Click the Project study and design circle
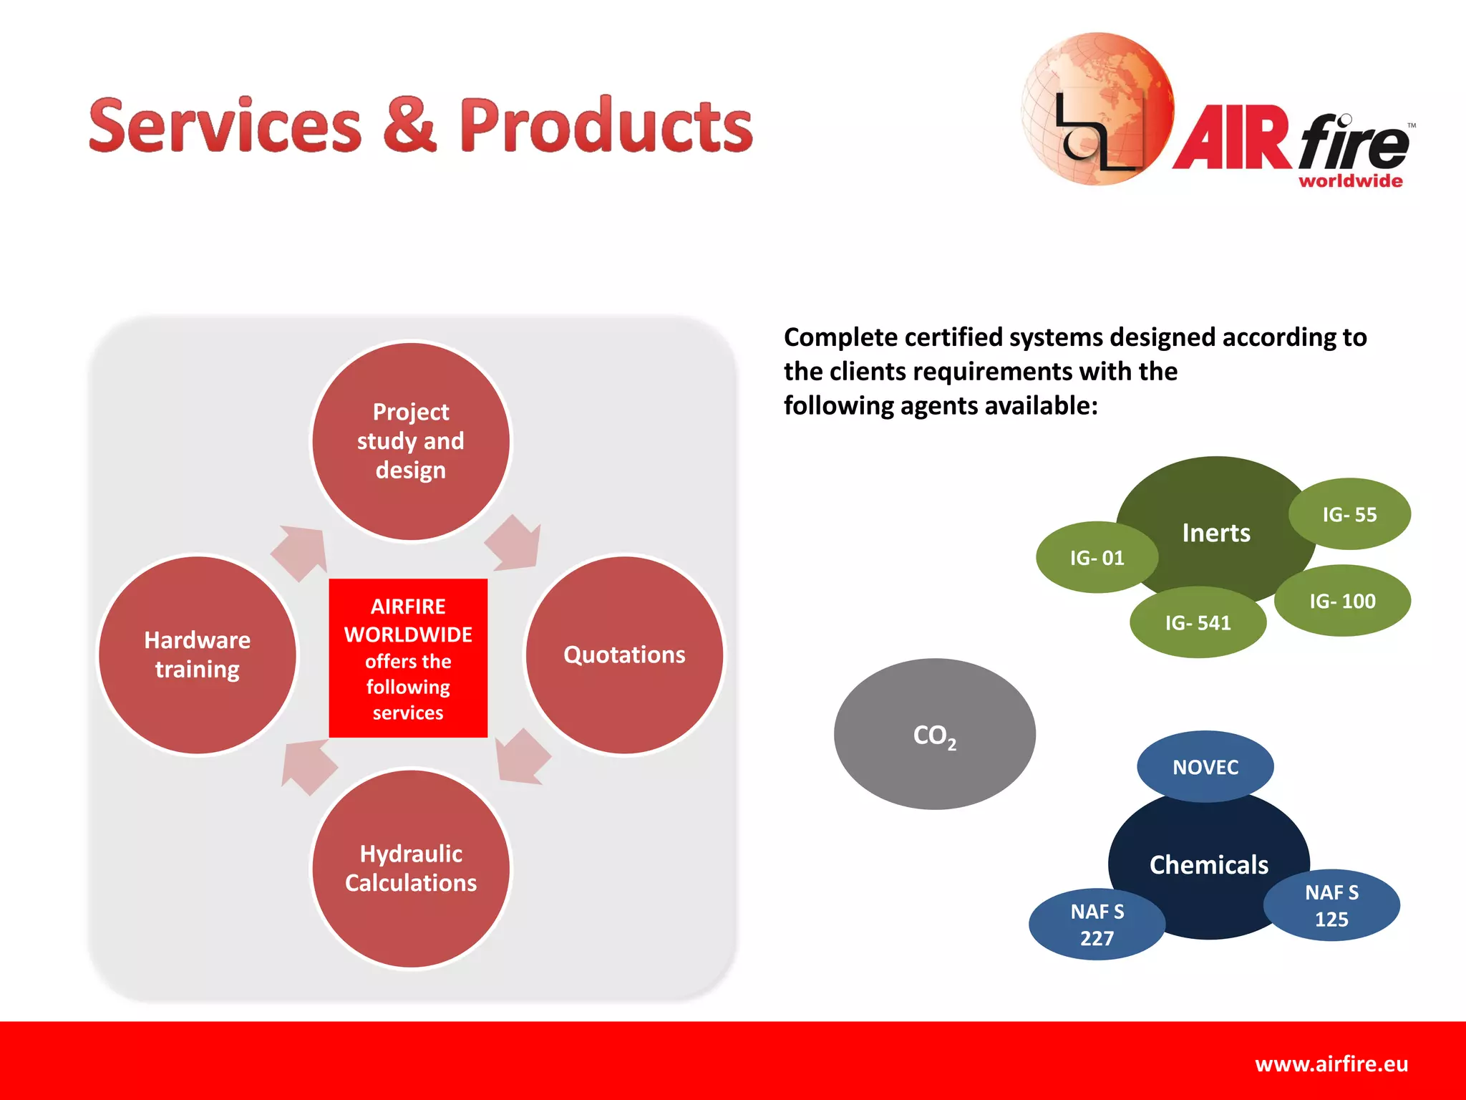[x=411, y=441]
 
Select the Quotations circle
[x=624, y=655]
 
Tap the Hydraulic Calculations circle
[x=411, y=868]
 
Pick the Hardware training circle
[x=198, y=655]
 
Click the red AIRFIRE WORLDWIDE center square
[x=408, y=657]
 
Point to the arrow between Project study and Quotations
[x=515, y=544]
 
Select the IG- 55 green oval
[x=1349, y=514]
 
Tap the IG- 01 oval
[x=1097, y=557]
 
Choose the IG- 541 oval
[x=1198, y=623]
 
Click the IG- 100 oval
[x=1342, y=601]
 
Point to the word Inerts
[x=1216, y=533]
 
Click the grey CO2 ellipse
[x=934, y=734]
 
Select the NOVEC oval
[x=1205, y=767]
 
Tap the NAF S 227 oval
[x=1097, y=925]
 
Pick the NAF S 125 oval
[x=1331, y=906]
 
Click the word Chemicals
[x=1209, y=865]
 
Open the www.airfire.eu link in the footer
[x=1331, y=1064]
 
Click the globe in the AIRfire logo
[x=1097, y=109]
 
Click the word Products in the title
[x=606, y=126]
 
